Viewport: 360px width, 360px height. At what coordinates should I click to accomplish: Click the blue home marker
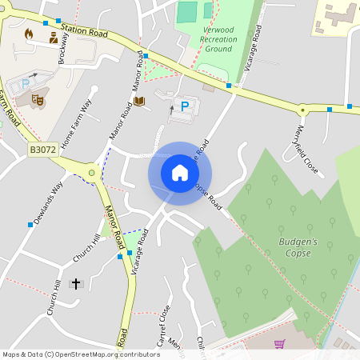tap(180, 173)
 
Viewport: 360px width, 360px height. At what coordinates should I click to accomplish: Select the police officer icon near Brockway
tap(54, 38)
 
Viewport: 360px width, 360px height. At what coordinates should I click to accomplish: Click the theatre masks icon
tap(37, 100)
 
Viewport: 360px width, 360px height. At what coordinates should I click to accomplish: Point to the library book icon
tap(140, 101)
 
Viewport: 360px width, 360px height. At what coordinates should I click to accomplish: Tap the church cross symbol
tap(77, 283)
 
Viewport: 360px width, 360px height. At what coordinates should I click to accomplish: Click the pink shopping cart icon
tap(279, 344)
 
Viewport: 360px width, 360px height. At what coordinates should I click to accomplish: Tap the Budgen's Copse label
tap(298, 247)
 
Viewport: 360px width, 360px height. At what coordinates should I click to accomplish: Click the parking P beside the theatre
tap(25, 83)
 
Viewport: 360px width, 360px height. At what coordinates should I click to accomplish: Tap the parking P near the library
tap(185, 106)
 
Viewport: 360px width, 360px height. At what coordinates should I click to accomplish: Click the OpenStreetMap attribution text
tap(81, 354)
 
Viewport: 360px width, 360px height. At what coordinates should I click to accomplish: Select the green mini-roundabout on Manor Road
tap(92, 172)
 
